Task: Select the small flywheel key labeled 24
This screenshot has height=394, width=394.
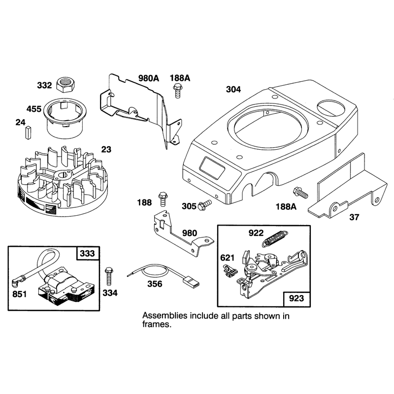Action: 28,132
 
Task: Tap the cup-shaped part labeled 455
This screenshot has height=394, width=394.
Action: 64,117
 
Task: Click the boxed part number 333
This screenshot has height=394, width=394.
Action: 88,253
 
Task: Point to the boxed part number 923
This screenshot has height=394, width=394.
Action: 296,298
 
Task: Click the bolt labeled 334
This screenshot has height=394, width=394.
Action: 109,276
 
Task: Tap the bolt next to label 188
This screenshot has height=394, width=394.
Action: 163,198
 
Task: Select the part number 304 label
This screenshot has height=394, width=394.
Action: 233,90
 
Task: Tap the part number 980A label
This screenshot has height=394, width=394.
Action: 149,78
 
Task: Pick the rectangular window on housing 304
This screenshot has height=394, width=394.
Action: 212,168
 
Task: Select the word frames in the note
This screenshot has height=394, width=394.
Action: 157,324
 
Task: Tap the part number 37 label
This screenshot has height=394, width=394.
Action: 354,217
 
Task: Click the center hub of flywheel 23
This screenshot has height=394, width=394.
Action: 63,176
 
